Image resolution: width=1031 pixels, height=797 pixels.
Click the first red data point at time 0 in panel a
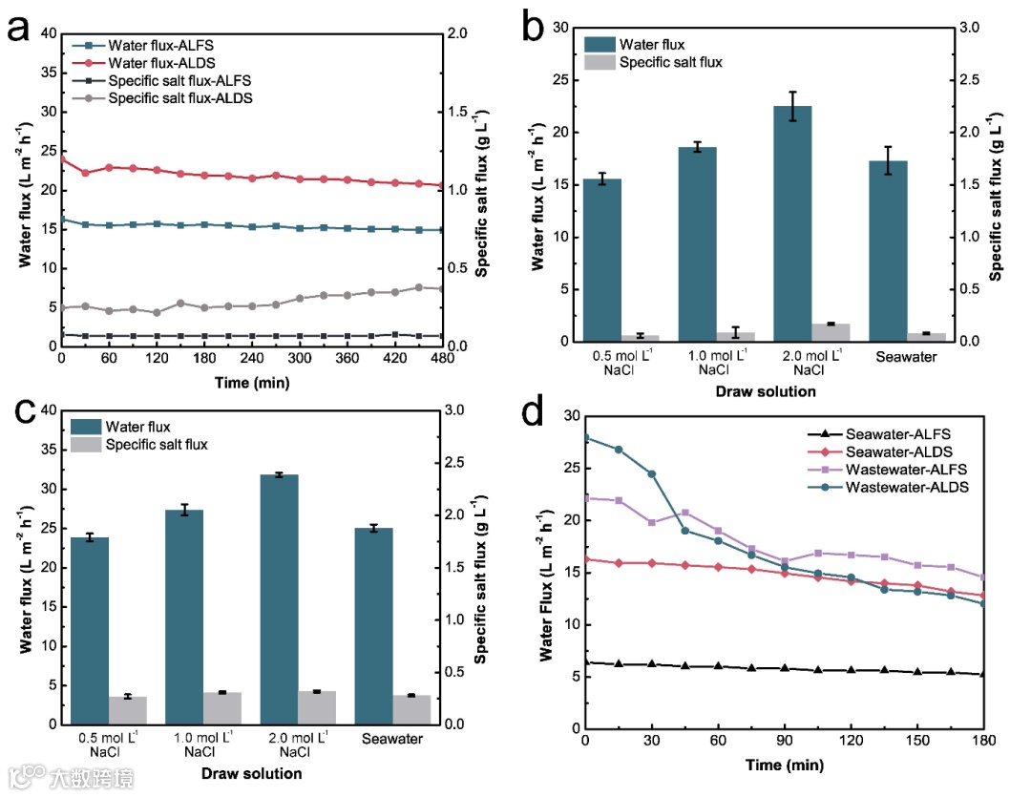62,158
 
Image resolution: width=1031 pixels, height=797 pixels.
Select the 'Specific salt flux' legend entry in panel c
158,444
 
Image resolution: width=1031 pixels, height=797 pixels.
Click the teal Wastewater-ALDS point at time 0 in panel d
585,437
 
